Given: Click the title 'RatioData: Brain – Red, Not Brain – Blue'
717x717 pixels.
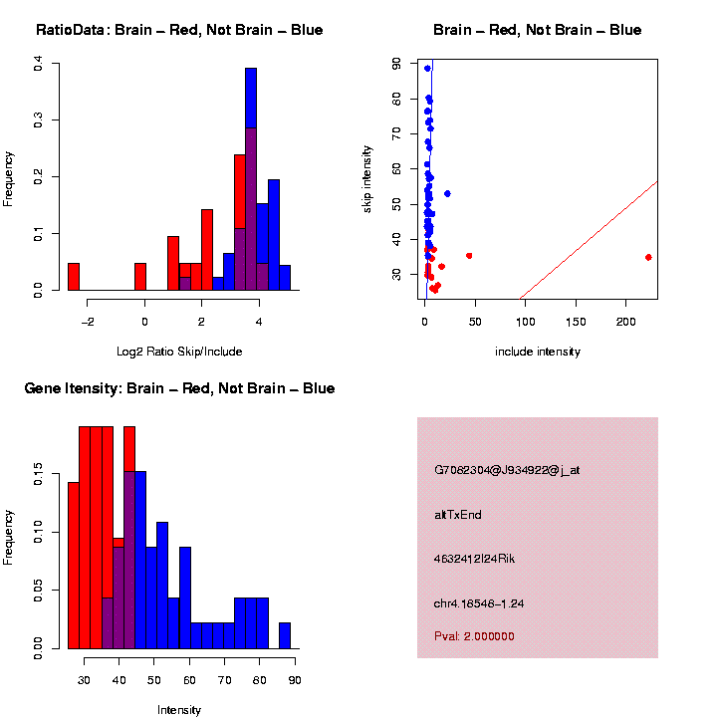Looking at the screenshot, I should pos(179,30).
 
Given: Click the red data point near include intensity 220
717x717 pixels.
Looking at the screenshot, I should pos(648,257).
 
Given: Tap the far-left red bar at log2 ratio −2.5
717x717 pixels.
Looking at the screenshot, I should pos(74,277).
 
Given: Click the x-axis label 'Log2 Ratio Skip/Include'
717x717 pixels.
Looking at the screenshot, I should pos(179,352).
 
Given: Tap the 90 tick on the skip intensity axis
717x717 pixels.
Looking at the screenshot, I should pos(396,63).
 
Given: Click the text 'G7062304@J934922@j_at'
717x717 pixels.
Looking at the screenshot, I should pos(507,470).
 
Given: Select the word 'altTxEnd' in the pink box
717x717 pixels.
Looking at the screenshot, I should pos(458,515).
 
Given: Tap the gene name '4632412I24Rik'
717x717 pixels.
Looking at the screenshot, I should pos(475,559).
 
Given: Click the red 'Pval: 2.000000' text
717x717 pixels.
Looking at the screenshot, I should pos(474,635).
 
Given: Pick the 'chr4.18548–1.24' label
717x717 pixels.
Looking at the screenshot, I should pos(479,603).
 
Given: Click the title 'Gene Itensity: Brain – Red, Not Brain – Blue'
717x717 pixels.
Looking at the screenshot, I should pos(179,388).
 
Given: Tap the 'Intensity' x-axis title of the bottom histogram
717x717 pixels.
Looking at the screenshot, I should pos(179,710).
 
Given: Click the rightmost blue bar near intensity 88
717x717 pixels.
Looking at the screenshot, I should pos(285,636).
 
